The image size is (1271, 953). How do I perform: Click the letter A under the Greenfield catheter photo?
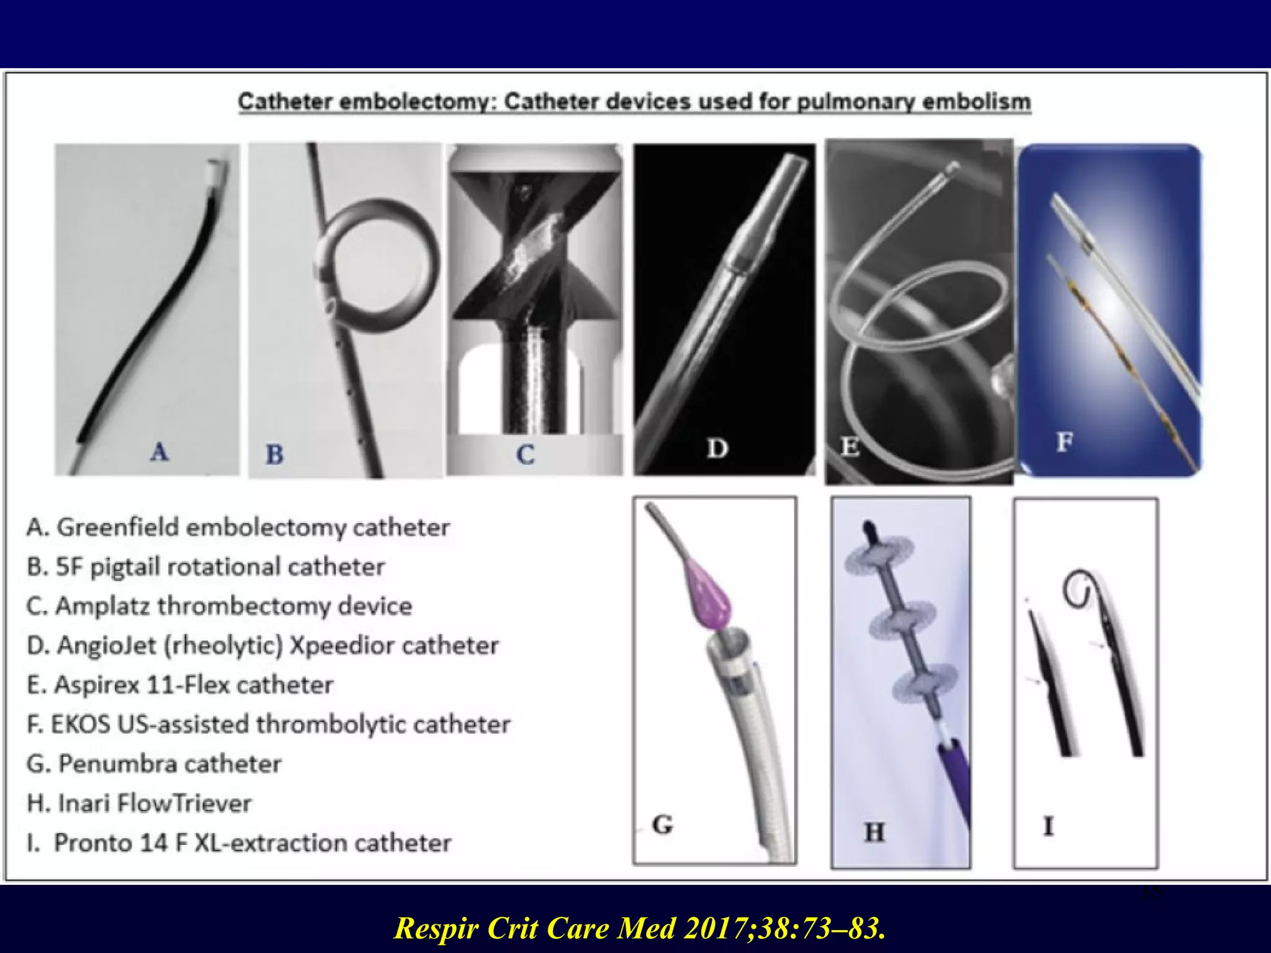[x=159, y=452]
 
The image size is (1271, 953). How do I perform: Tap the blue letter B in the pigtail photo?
[x=274, y=455]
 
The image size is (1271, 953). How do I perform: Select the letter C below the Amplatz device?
[x=525, y=455]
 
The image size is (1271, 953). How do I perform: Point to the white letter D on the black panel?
[x=717, y=448]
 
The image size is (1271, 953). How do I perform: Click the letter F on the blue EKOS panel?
[x=1064, y=442]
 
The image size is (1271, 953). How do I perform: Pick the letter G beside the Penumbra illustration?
[x=662, y=825]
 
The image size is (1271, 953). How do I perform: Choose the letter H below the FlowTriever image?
[x=874, y=832]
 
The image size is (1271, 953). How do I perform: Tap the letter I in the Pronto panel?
[x=1048, y=826]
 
